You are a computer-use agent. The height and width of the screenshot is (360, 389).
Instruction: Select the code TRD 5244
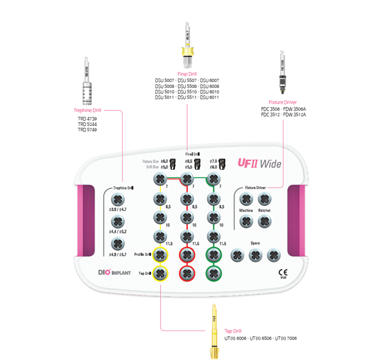click(88, 124)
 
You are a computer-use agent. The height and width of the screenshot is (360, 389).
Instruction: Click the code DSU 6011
click(209, 97)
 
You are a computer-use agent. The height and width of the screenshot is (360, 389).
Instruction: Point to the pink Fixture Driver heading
click(282, 102)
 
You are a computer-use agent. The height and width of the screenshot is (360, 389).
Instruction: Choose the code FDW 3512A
click(295, 115)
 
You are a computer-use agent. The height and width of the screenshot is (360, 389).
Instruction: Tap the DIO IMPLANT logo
click(111, 273)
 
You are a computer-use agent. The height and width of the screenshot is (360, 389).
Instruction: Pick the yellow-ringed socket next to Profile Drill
click(161, 255)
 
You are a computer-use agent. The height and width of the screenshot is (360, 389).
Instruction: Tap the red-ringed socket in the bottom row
click(187, 273)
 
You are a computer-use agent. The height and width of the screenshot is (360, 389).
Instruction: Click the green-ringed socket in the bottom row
click(213, 273)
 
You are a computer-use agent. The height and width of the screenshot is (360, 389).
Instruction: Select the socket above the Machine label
click(246, 199)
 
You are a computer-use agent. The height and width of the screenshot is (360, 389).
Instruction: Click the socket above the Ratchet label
click(265, 199)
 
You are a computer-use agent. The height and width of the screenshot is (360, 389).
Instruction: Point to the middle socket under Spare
click(255, 255)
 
